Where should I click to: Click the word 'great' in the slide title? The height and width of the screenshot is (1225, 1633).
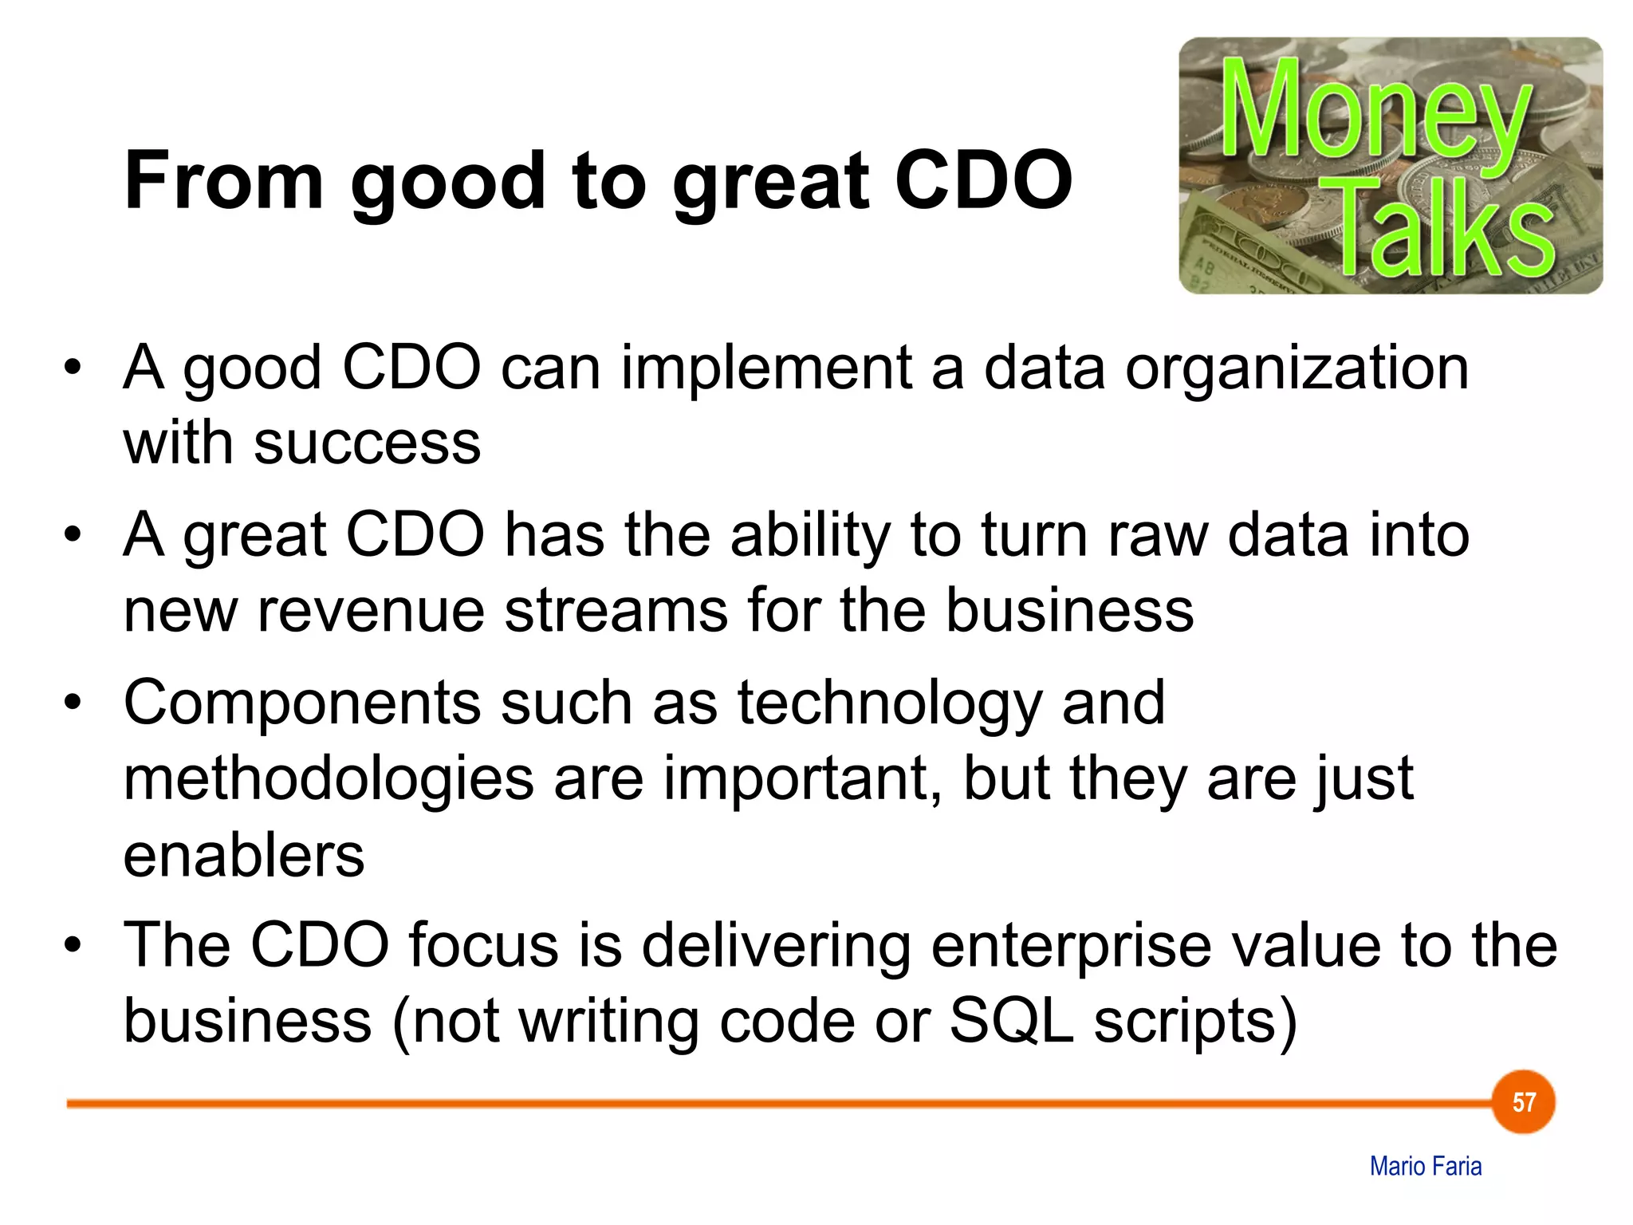(770, 182)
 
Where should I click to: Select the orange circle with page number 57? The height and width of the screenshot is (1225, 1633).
(1523, 1102)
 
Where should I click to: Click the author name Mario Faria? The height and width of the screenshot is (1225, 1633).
(1425, 1166)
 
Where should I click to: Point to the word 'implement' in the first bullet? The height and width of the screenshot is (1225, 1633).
(765, 369)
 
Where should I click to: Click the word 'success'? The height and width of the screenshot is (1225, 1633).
(367, 443)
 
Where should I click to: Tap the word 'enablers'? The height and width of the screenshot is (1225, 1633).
(243, 856)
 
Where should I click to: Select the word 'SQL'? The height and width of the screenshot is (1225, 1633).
(1011, 1021)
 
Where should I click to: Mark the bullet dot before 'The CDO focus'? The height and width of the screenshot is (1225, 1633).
(73, 946)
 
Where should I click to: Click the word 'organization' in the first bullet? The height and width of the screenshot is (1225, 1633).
(1297, 369)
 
